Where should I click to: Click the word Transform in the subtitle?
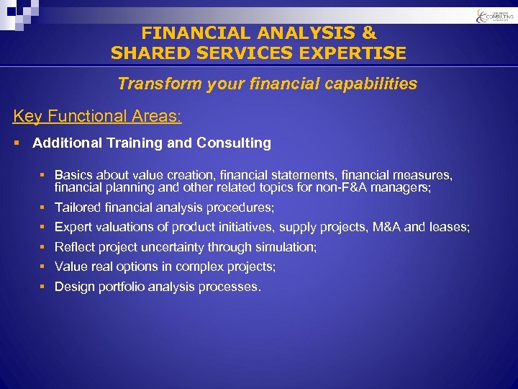153,84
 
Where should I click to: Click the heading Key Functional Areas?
98,116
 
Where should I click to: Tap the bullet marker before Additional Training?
17,143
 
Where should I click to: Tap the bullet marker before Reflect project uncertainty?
43,247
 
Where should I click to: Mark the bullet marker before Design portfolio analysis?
43,287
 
